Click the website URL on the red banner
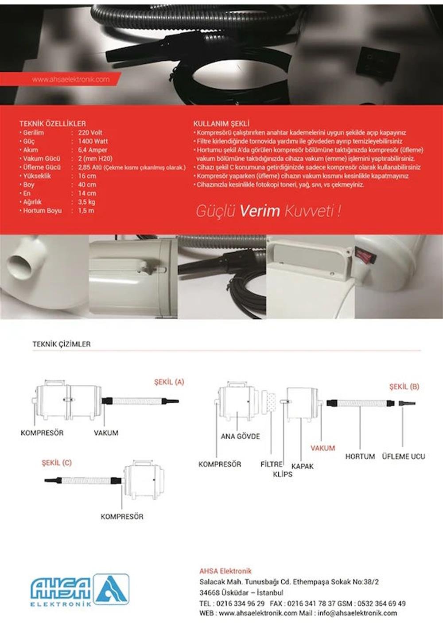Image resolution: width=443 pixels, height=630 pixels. pyautogui.click(x=70, y=80)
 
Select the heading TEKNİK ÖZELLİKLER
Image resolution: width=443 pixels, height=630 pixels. pyautogui.click(x=52, y=124)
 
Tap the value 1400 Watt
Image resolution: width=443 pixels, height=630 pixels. pyautogui.click(x=93, y=141)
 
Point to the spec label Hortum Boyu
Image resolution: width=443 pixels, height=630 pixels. pyautogui.click(x=42, y=211)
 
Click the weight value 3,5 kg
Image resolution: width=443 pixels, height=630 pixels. pyautogui.click(x=86, y=202)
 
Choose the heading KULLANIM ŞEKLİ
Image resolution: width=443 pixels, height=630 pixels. pyautogui.click(x=221, y=124)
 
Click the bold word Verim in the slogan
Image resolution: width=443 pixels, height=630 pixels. pyautogui.click(x=260, y=211)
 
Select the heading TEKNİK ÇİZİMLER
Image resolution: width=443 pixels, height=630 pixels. pyautogui.click(x=61, y=344)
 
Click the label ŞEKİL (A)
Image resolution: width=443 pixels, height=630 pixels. pyautogui.click(x=169, y=382)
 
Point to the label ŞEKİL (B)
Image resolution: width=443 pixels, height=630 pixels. pyautogui.click(x=404, y=387)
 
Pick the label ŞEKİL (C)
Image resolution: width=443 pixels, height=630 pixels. pyautogui.click(x=56, y=463)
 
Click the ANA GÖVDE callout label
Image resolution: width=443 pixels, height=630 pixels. pyautogui.click(x=240, y=436)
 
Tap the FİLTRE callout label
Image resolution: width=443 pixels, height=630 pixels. pyautogui.click(x=271, y=464)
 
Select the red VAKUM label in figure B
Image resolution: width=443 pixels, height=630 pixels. pyautogui.click(x=323, y=448)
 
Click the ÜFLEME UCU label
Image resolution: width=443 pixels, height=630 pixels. pyautogui.click(x=403, y=456)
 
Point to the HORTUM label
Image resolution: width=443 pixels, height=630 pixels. pyautogui.click(x=360, y=456)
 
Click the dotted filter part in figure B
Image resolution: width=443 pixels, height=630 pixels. pyautogui.click(x=268, y=402)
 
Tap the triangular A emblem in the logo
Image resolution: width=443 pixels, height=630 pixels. pyautogui.click(x=111, y=589)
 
